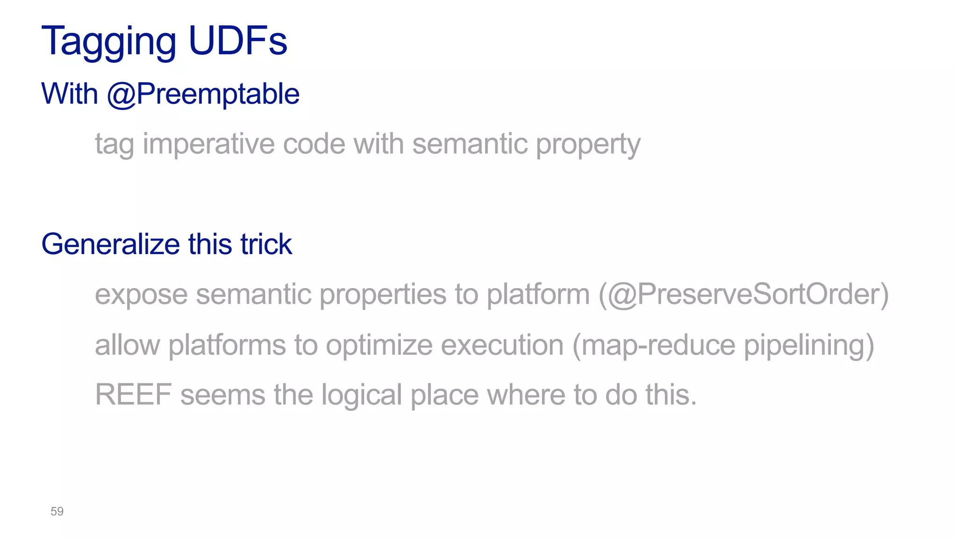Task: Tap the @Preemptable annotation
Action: tap(203, 94)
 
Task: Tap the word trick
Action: tap(266, 244)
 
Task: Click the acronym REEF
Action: tap(133, 395)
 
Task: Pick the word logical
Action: tap(362, 395)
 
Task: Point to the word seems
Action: tap(223, 395)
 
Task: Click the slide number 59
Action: tap(57, 511)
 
